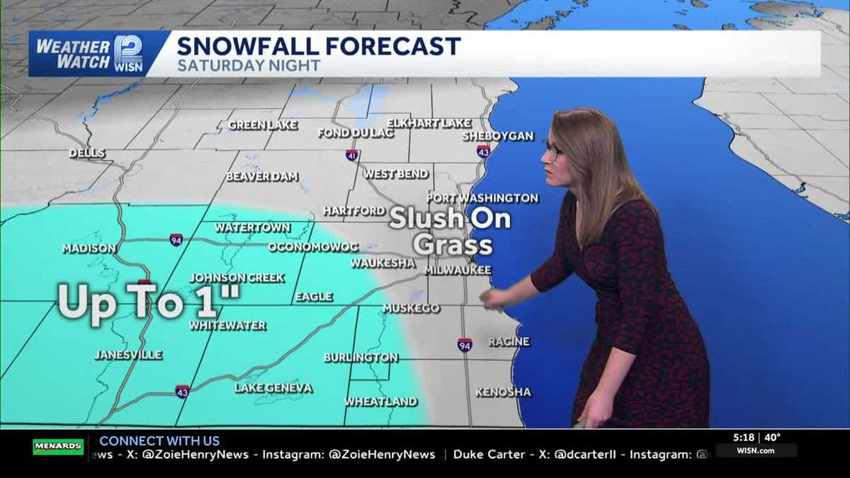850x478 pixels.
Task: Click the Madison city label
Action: (89, 249)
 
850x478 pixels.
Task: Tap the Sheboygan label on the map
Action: (498, 136)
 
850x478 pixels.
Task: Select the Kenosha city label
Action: (503, 392)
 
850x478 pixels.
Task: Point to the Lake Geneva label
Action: (273, 388)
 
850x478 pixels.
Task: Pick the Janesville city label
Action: (128, 355)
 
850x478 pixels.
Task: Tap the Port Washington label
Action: (482, 198)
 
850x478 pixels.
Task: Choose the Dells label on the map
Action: (87, 153)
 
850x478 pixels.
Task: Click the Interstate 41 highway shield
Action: (352, 155)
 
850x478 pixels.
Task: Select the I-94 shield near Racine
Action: (465, 345)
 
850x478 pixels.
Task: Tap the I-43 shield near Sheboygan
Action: (483, 151)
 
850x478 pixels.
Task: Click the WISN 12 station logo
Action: (128, 53)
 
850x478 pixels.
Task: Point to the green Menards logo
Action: (58, 447)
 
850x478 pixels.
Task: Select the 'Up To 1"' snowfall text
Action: (149, 302)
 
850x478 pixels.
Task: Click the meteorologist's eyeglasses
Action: (552, 149)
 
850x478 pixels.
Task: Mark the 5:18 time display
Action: (745, 438)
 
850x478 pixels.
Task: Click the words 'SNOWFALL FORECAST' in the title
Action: (319, 47)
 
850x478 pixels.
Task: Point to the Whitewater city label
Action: (227, 326)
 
